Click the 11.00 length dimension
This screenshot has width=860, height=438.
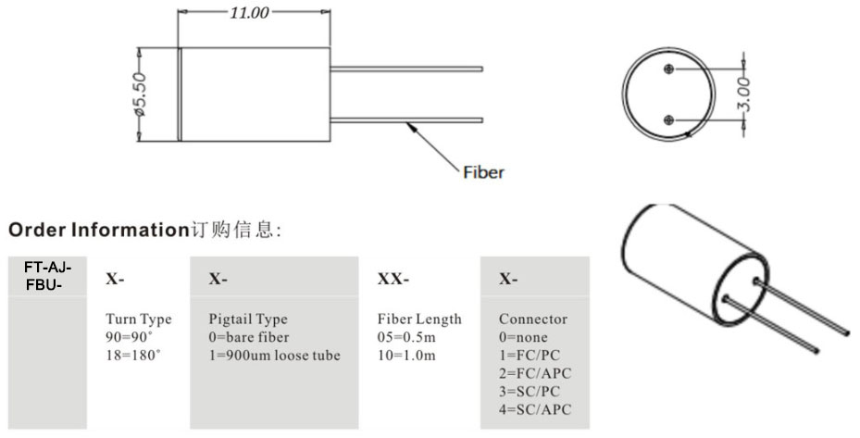pos(249,13)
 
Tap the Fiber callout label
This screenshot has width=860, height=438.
pos(483,172)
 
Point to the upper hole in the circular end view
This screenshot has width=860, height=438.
pos(669,67)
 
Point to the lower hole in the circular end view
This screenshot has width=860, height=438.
pos(669,119)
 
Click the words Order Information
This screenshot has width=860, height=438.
pos(98,229)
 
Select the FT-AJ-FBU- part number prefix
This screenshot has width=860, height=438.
pos(47,275)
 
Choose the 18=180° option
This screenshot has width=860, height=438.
pos(133,355)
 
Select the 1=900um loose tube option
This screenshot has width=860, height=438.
pos(275,355)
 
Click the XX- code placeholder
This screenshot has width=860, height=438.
pos(393,278)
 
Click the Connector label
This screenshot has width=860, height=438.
pos(533,319)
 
